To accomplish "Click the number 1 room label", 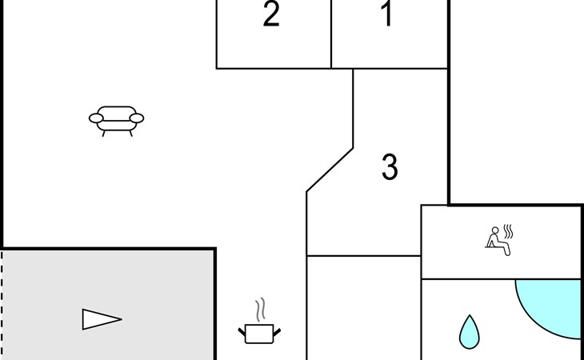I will [x=388, y=15].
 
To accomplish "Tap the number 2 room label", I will [x=272, y=15].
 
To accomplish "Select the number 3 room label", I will [x=390, y=167].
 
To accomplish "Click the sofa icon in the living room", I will [x=117, y=119].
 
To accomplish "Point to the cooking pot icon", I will [x=259, y=332].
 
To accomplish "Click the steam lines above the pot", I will [x=259, y=310].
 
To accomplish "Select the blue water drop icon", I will [x=469, y=331].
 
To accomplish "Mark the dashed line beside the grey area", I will [x=2, y=304].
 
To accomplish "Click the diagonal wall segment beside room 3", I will [x=330, y=170].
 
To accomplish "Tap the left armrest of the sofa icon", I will [x=96, y=119].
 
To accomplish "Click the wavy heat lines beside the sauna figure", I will [x=508, y=233].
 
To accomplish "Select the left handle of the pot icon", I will [x=242, y=330].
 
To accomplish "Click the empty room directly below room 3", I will [x=364, y=308].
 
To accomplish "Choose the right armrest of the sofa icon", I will [x=137, y=119].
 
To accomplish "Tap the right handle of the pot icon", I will [x=277, y=330].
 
